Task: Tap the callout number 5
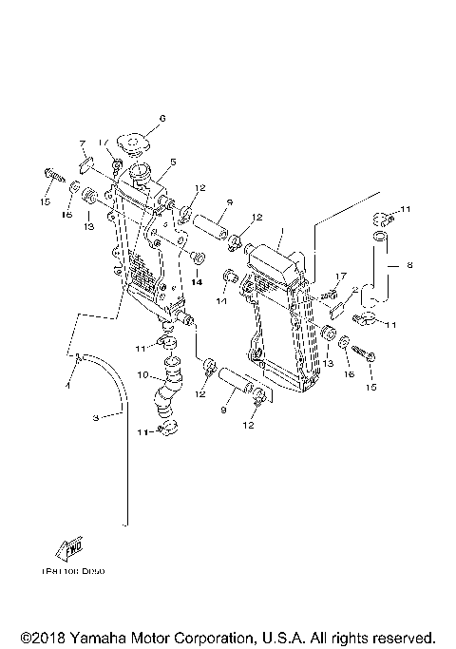[x=173, y=162]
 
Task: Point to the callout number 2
[x=354, y=290]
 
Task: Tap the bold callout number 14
[x=197, y=281]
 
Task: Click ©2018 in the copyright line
[x=43, y=637]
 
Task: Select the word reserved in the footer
[x=402, y=637]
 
